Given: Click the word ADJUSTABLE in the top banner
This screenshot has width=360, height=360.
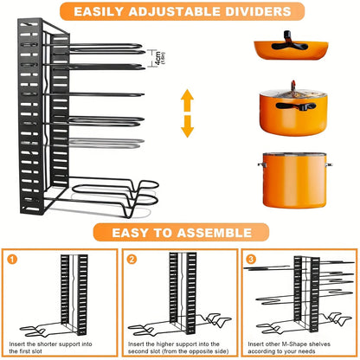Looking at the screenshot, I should pyautogui.click(x=170, y=13).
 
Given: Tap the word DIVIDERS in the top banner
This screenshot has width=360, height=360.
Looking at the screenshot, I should pyautogui.click(x=252, y=13).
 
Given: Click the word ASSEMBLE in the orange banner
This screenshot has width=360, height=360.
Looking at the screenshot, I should pyautogui.click(x=214, y=233).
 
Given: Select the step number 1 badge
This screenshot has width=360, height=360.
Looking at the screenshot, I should pyautogui.click(x=12, y=258).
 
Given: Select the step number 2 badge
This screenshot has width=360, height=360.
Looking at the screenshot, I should pyautogui.click(x=131, y=258).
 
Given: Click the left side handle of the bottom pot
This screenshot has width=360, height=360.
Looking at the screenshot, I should pyautogui.click(x=260, y=164).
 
